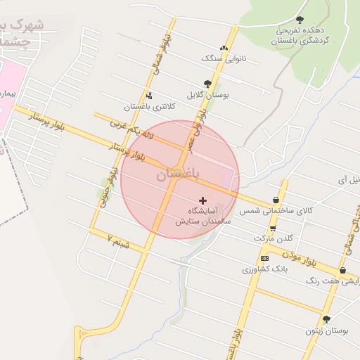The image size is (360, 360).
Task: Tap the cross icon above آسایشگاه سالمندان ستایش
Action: pyautogui.click(x=203, y=201)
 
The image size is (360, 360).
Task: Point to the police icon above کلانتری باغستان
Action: pyautogui.click(x=149, y=96)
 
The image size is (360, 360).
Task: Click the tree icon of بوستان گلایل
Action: pyautogui.click(x=207, y=84)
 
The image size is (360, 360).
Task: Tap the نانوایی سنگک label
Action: pyautogui.click(x=224, y=59)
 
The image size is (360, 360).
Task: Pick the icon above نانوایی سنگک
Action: pyautogui.click(x=224, y=49)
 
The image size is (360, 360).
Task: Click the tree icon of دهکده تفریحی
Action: pyautogui.click(x=300, y=20)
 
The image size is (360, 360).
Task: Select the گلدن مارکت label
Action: pyautogui.click(x=272, y=238)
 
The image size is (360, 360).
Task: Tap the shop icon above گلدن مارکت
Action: pyautogui.click(x=273, y=229)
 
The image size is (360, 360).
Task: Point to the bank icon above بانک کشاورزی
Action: pyautogui.click(x=264, y=258)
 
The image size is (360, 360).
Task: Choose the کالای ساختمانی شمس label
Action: pyautogui.click(x=276, y=210)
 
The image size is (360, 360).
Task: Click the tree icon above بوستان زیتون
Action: pyautogui.click(x=326, y=319)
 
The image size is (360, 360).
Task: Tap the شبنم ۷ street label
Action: pyautogui.click(x=119, y=240)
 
